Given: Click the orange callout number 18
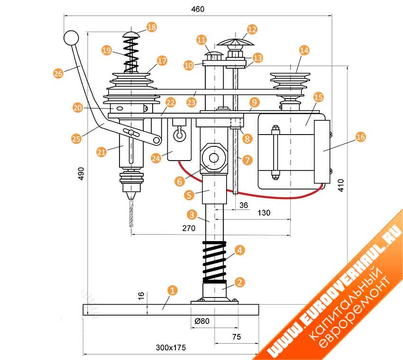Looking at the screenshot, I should coord(152,27).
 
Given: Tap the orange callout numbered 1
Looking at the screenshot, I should coord(173,289).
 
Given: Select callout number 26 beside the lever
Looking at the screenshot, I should coord(58,73).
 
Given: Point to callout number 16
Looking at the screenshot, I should coord(360,136).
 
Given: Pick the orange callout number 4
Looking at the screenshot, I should coord(239,250).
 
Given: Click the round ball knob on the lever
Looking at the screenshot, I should coord(71,37).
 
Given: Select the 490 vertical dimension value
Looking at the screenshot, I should coord(81,173).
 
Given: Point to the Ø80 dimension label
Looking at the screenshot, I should coord(202,321).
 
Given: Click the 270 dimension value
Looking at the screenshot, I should coord(189,227).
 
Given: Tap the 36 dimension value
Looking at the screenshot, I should coord(243,205).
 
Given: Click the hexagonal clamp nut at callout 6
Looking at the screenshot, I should coord(212,157).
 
